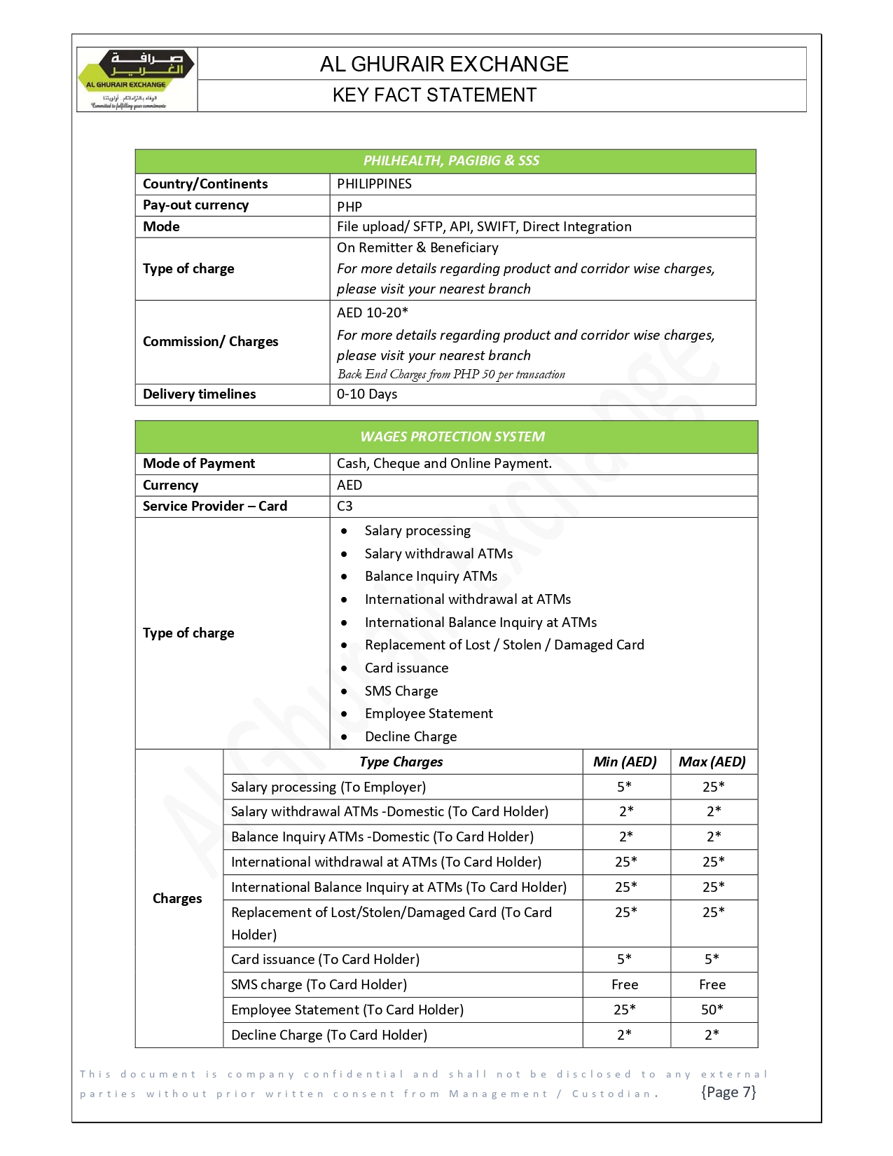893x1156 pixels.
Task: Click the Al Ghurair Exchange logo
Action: (137, 79)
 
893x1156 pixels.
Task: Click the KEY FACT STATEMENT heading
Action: (434, 95)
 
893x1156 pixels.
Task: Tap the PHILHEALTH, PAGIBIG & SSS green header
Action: (450, 160)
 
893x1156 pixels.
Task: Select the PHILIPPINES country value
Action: (374, 184)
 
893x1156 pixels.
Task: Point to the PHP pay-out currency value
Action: (349, 207)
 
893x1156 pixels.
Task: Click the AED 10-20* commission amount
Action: (372, 312)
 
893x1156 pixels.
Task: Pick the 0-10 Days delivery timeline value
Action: (366, 394)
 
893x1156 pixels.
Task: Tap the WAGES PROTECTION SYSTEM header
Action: (452, 436)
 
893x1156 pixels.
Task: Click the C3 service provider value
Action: (345, 506)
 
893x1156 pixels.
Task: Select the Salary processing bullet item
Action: (417, 530)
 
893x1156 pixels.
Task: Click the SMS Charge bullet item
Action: (401, 691)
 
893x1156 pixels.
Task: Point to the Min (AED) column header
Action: (625, 762)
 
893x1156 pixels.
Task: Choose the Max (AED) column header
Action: (712, 762)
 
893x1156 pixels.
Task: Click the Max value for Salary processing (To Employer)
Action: (713, 787)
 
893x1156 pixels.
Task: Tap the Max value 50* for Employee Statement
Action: (712, 1010)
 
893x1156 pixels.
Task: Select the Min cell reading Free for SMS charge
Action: (625, 984)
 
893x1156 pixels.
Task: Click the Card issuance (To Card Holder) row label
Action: (325, 959)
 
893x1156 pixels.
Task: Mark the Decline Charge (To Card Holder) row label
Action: (328, 1035)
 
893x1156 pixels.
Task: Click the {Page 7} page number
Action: (728, 1092)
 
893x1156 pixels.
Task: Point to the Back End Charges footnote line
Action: (451, 374)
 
